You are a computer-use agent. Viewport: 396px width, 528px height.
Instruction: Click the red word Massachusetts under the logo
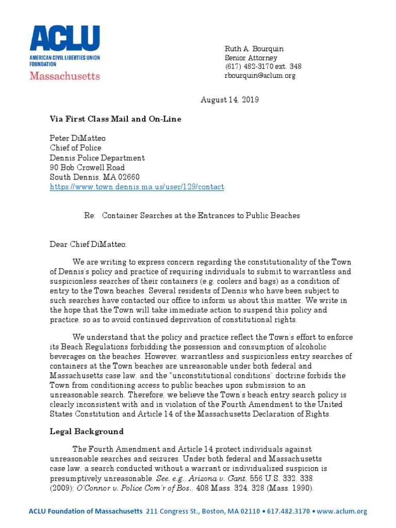(x=64, y=76)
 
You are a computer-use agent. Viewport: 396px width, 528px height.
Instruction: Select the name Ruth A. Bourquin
(x=254, y=48)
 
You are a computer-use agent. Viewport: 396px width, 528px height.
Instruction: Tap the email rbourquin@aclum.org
(x=259, y=75)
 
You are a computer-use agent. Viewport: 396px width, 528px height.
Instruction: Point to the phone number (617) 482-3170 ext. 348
(x=263, y=67)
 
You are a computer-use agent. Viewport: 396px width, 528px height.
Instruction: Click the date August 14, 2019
(x=229, y=100)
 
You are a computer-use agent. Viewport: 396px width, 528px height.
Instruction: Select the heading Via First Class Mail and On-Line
(x=115, y=119)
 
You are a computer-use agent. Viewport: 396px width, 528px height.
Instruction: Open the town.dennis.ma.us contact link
(x=137, y=187)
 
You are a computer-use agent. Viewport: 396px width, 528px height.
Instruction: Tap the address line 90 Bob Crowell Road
(x=87, y=168)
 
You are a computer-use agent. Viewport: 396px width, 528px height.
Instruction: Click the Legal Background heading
(x=87, y=431)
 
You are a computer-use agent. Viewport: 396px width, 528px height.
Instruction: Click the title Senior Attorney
(x=251, y=58)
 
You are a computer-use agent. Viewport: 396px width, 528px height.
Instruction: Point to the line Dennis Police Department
(x=97, y=158)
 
